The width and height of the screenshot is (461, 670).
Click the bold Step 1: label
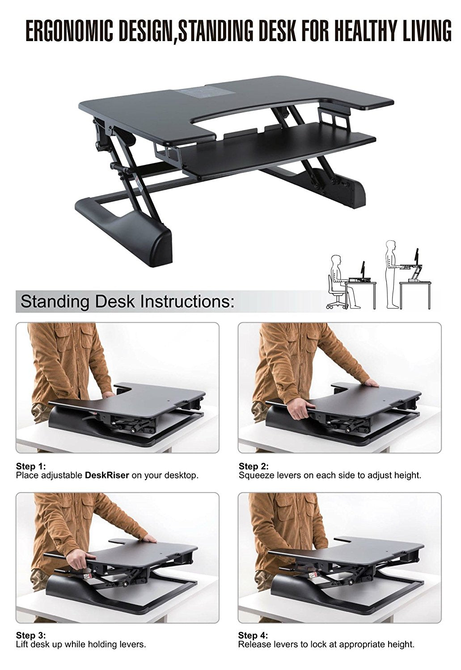31,466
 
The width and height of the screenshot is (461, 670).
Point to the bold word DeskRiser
107,475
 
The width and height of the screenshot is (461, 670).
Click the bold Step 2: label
254,466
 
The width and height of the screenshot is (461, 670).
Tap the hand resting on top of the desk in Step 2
372,383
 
